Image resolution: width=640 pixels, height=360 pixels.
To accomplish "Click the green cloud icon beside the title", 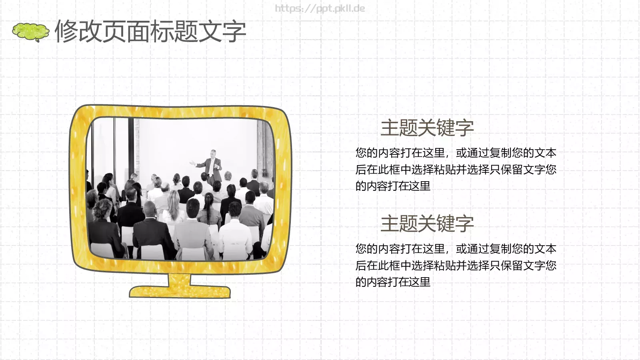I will click(30, 32).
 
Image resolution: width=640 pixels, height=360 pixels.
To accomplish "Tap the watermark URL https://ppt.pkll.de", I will click(320, 8).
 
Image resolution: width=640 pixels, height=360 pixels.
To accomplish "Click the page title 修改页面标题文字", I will click(150, 31).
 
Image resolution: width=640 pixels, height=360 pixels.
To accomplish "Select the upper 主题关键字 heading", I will click(427, 128).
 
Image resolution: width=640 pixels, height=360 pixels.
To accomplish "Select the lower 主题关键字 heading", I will click(427, 224).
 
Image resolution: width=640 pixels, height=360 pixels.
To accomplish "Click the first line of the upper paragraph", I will click(456, 153).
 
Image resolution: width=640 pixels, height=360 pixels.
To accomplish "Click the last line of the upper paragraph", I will click(393, 186).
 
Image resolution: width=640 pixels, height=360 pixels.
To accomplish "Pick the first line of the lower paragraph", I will click(456, 249).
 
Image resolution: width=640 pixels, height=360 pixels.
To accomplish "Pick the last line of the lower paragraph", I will click(393, 282).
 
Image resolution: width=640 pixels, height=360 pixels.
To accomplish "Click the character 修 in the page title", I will click(66, 31).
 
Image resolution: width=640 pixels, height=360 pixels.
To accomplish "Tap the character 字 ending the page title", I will click(234, 31).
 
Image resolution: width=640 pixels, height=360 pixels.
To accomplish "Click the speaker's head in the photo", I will click(213, 154).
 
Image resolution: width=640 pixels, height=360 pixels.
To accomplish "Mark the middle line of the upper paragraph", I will click(456, 170).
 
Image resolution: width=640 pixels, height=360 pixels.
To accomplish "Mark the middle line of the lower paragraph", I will click(456, 266).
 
